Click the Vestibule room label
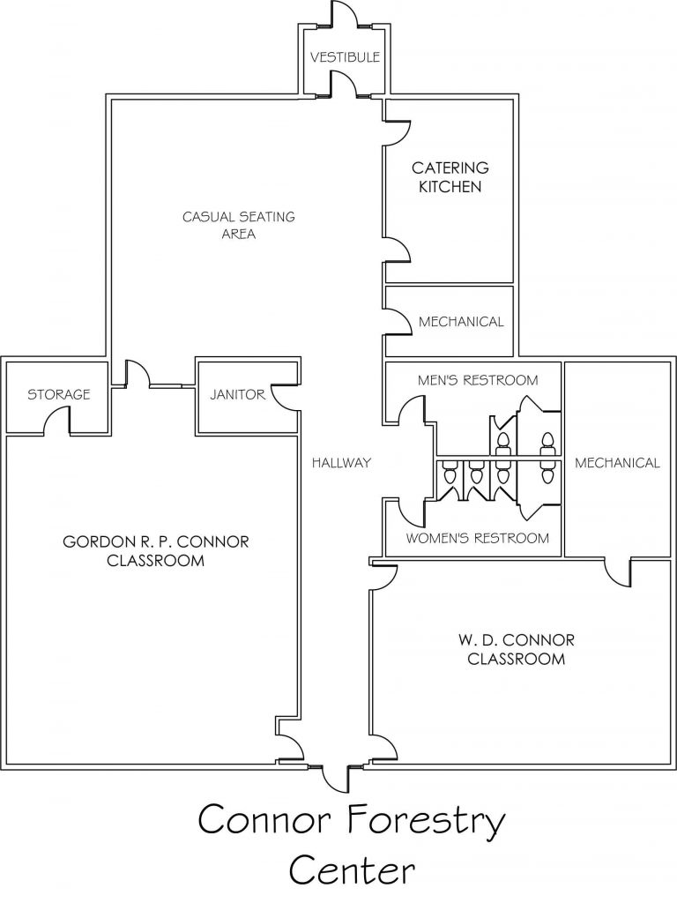345,57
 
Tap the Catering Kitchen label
450,176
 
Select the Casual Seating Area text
238,225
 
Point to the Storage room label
59,394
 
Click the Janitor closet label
237,394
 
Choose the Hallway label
341,462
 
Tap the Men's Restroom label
478,380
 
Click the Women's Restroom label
477,539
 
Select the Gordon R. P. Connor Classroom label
155,551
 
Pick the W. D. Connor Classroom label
517,649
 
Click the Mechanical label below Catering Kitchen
461,321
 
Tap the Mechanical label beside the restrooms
617,462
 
